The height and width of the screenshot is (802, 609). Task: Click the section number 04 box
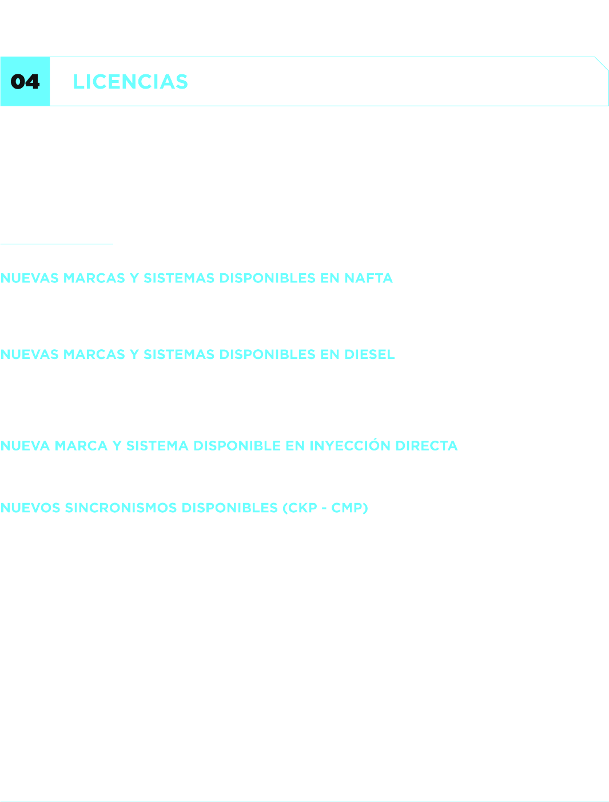coord(25,82)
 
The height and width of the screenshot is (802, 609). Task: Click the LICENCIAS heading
coord(130,82)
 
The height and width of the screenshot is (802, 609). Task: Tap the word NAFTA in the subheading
coord(368,278)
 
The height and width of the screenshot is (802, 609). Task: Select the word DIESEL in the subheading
coord(369,354)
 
